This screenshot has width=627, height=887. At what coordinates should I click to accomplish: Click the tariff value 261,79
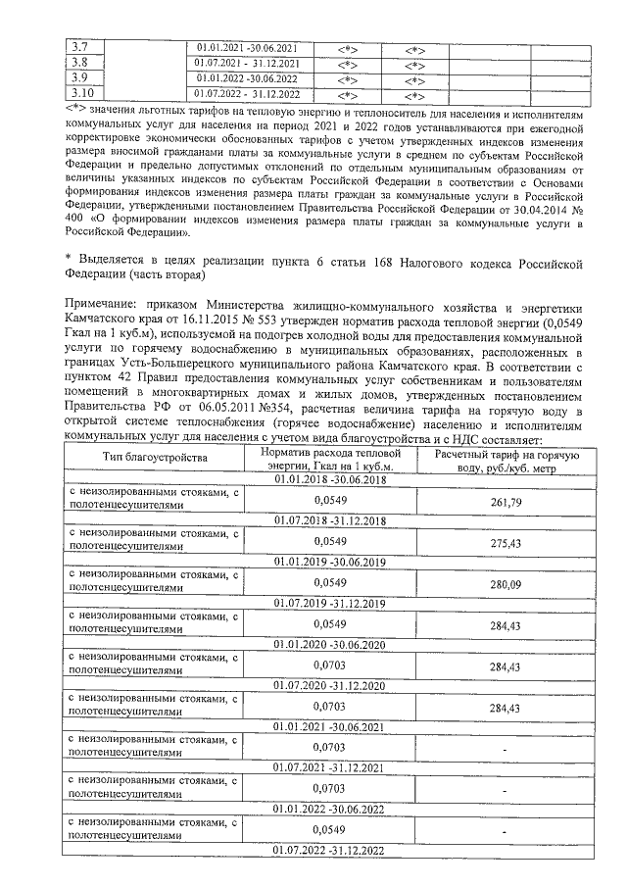pos(503,500)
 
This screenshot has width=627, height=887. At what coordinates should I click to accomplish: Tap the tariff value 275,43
pos(503,541)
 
